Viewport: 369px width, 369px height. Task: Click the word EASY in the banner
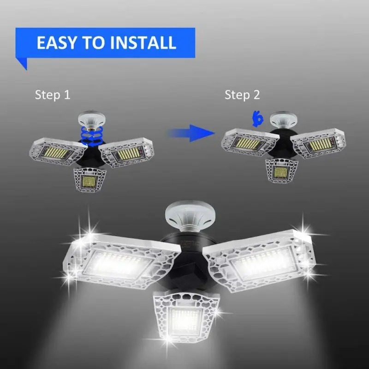coord(57,42)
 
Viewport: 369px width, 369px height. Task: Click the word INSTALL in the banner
coord(143,42)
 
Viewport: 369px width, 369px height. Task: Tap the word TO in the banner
coord(93,42)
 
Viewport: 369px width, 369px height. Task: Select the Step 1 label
coord(53,95)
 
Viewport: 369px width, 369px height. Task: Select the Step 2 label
coord(242,95)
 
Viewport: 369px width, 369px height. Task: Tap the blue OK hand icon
coord(257,119)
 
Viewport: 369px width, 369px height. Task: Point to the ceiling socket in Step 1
coord(92,119)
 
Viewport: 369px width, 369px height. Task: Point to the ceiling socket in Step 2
coord(283,120)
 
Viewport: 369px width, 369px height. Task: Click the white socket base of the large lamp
coord(190,215)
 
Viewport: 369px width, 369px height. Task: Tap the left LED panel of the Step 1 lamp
coord(57,151)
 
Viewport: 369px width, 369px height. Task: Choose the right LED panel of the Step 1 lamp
coord(126,153)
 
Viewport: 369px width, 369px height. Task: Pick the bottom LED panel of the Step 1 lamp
coord(89,180)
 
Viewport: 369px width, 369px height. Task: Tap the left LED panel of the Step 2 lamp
coord(250,142)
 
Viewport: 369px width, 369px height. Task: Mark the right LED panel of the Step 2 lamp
coord(318,143)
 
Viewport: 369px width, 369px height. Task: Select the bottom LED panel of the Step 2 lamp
coord(281,171)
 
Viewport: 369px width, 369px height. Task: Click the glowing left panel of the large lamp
coord(122,262)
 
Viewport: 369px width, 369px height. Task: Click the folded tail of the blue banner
coord(22,63)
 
